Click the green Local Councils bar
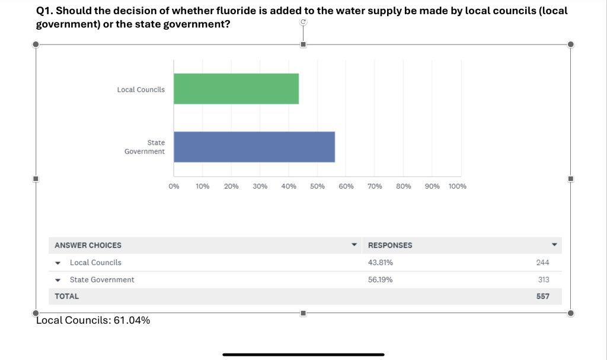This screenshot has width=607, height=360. [x=236, y=89]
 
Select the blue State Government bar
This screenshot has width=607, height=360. [x=254, y=146]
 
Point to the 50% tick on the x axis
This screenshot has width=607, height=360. [x=317, y=186]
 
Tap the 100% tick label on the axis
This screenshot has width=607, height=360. [x=458, y=186]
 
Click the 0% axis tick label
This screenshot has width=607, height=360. [x=174, y=186]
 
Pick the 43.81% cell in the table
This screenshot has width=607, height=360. [x=381, y=263]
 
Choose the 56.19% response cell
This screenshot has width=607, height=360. [x=381, y=280]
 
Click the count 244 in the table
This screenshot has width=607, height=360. [x=542, y=263]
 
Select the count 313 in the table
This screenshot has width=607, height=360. [x=544, y=280]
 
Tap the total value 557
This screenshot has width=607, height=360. [x=543, y=297]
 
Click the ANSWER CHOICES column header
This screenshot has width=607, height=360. [x=88, y=246]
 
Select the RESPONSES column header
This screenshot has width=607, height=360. [x=390, y=246]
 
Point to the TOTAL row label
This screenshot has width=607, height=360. [x=66, y=297]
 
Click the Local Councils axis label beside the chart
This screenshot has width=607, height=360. [x=141, y=90]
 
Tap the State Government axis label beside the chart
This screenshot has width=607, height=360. [x=145, y=147]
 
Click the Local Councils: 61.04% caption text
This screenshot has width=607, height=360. [x=93, y=321]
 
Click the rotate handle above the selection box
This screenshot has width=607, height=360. [x=303, y=22]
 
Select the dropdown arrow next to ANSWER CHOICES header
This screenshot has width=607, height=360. [x=354, y=245]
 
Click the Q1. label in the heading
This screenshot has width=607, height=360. [x=44, y=11]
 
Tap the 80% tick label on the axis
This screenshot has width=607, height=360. [x=404, y=186]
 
